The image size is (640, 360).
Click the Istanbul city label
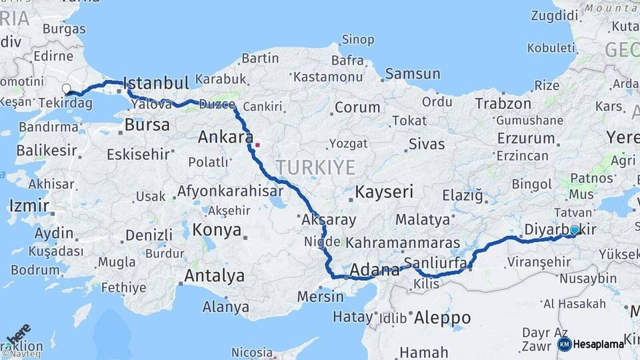157,83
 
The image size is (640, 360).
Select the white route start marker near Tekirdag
66,89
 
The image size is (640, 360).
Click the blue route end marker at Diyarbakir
575,229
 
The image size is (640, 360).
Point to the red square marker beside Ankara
257,143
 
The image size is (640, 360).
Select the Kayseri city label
384,192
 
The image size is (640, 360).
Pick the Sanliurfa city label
435,262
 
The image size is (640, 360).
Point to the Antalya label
214,275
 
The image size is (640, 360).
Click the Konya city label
217,231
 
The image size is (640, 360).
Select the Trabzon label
503,104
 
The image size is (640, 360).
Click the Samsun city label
413,74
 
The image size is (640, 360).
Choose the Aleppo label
442,318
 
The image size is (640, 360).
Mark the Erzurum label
525,139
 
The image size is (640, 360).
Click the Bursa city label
147,125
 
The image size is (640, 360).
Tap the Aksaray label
329,219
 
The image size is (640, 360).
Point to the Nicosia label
252,351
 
